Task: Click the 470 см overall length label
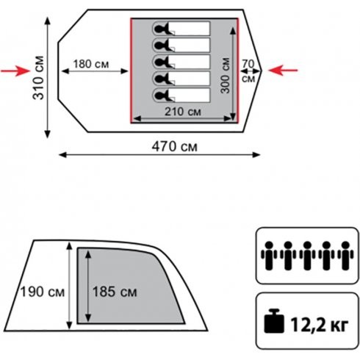pos(174,147)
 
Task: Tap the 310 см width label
pos(38,78)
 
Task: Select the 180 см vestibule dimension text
pos(91,64)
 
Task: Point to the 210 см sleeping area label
pos(183,112)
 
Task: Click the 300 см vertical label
pos(225,76)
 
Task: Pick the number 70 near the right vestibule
pos(248,64)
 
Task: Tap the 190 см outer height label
pos(43,292)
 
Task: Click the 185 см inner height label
pos(115,292)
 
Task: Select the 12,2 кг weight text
pos(320,325)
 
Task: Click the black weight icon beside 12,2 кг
pos(274,321)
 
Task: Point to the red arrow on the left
pos(15,71)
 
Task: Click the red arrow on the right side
pos(283,71)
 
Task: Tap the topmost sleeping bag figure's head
pos(159,29)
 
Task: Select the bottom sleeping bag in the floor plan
pos(181,96)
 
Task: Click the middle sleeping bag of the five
pos(181,62)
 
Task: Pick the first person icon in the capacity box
pos(269,256)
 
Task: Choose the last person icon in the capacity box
pos(345,256)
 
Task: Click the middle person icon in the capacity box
pos(307,256)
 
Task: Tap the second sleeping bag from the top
pos(181,45)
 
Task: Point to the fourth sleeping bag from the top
pos(181,79)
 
